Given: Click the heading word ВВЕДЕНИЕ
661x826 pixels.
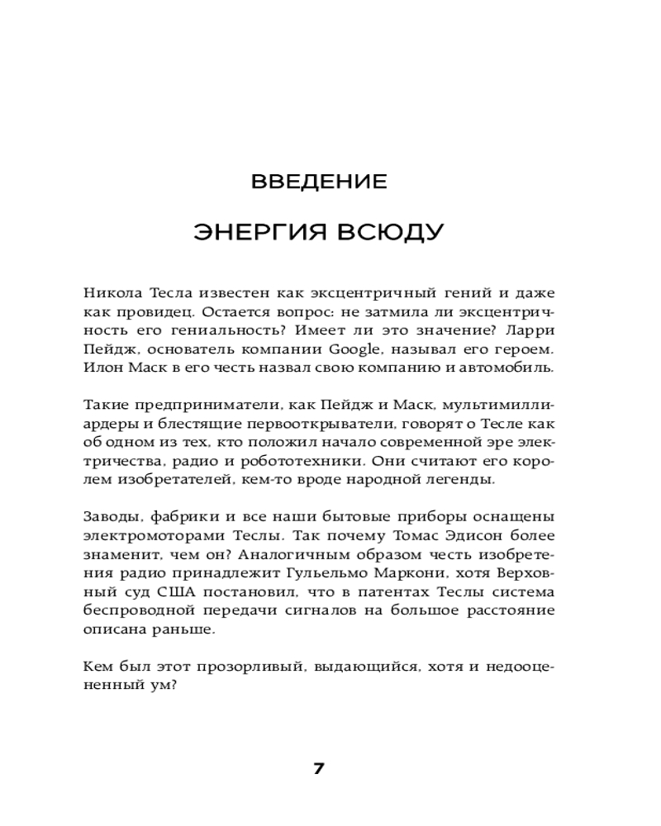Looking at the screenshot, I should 319,181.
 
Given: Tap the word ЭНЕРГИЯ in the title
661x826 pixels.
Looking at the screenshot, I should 259,232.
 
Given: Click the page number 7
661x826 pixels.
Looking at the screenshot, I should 319,768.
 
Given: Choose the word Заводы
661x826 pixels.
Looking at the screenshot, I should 110,517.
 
